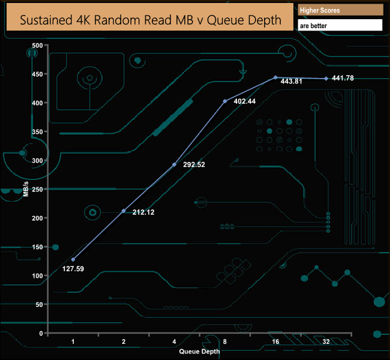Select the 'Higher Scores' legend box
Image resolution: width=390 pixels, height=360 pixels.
(340, 10)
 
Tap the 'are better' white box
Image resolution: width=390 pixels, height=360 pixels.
(340, 26)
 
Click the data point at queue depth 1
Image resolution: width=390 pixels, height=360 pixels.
(73, 259)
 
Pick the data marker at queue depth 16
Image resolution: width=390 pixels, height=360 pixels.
(275, 77)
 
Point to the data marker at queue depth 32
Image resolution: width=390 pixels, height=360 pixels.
(326, 79)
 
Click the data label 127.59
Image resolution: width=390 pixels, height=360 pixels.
(73, 269)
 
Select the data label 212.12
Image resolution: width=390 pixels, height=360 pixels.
(138, 212)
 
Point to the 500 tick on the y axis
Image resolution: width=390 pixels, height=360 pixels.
(37, 45)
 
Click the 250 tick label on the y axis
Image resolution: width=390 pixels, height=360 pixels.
(37, 189)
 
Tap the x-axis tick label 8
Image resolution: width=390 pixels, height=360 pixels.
(224, 341)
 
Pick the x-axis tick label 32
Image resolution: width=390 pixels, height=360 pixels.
(326, 341)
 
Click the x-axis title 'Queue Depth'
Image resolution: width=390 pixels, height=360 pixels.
(199, 350)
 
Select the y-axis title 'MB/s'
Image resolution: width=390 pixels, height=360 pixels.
(26, 188)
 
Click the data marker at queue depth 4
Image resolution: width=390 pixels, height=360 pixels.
(175, 164)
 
